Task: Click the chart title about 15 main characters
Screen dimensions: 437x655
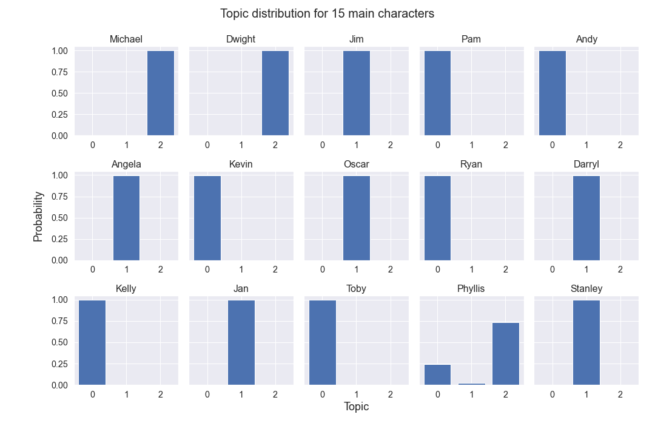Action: [327, 13]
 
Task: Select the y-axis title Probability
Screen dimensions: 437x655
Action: [38, 217]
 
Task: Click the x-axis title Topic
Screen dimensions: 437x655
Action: [356, 407]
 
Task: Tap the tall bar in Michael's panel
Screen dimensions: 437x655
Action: [160, 93]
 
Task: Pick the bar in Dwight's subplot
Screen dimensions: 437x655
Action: [275, 93]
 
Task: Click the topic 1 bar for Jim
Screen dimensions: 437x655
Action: [356, 93]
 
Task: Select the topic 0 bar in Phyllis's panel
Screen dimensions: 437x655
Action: [437, 374]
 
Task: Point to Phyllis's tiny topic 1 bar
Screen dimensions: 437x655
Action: [471, 384]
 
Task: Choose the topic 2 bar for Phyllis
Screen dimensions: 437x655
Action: [505, 354]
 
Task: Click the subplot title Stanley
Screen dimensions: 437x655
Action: [586, 288]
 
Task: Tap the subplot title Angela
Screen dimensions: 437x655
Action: [126, 164]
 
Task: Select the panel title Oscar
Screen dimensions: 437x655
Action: [356, 164]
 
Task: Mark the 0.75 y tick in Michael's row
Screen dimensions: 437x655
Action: [59, 72]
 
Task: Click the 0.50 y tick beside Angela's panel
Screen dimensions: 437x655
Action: [59, 218]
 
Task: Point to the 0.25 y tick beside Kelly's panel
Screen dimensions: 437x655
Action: [59, 364]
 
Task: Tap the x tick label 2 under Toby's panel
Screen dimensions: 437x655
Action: [390, 395]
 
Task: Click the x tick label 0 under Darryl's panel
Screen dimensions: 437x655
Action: [552, 269]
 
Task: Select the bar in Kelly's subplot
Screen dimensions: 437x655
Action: [92, 342]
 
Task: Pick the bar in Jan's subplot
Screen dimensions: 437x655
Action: [241, 342]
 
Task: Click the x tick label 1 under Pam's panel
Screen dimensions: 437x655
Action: [471, 145]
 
